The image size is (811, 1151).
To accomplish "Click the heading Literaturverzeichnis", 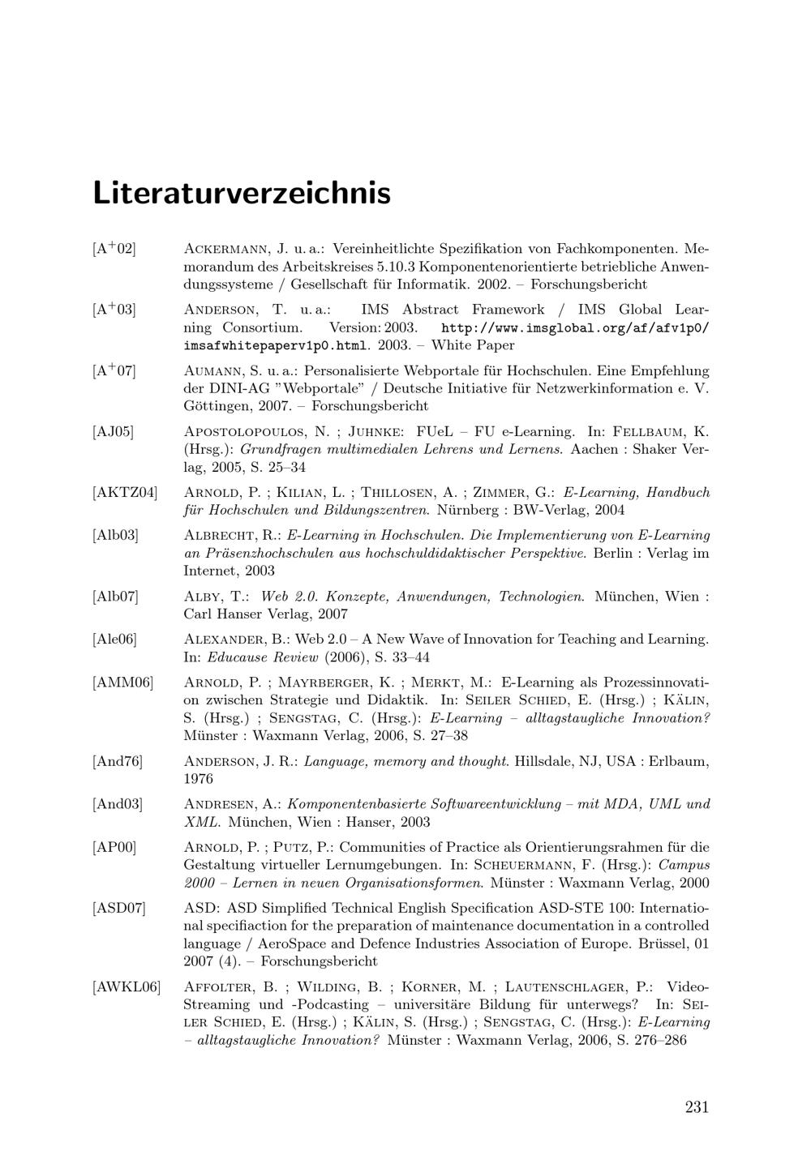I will tap(242, 194).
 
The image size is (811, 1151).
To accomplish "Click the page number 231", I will tap(697, 1107).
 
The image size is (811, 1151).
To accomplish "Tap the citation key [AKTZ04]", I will tap(125, 492).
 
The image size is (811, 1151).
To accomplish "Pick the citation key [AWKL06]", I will tap(127, 986).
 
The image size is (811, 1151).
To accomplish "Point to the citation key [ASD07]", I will tap(118, 908).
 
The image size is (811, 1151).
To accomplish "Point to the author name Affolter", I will tap(222, 986).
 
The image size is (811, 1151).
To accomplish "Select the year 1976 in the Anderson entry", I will tap(199, 779).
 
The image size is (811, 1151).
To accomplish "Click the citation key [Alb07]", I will tap(115, 597).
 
